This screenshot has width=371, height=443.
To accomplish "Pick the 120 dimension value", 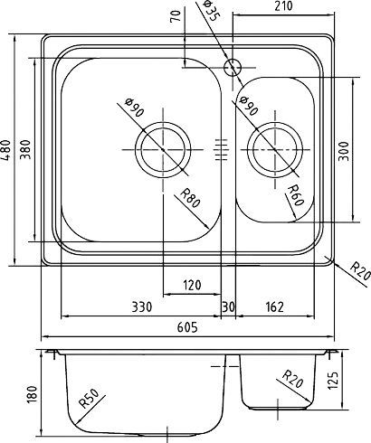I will [x=191, y=287].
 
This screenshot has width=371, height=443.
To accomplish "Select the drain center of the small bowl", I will [x=273, y=146].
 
